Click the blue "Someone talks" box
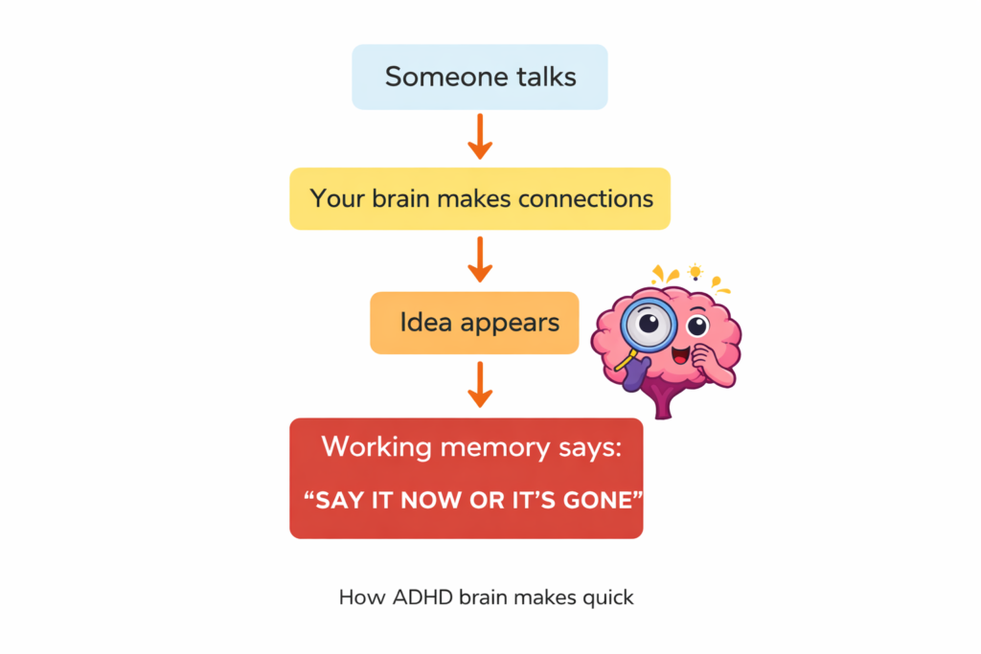(x=480, y=77)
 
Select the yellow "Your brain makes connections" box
(x=480, y=199)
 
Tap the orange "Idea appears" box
(x=474, y=323)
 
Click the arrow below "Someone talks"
(x=480, y=138)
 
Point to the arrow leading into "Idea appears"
(x=480, y=260)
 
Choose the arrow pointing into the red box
(x=480, y=385)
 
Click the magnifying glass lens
(x=648, y=323)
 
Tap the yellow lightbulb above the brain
(x=695, y=272)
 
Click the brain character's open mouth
(x=682, y=356)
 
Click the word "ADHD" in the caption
(x=420, y=598)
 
